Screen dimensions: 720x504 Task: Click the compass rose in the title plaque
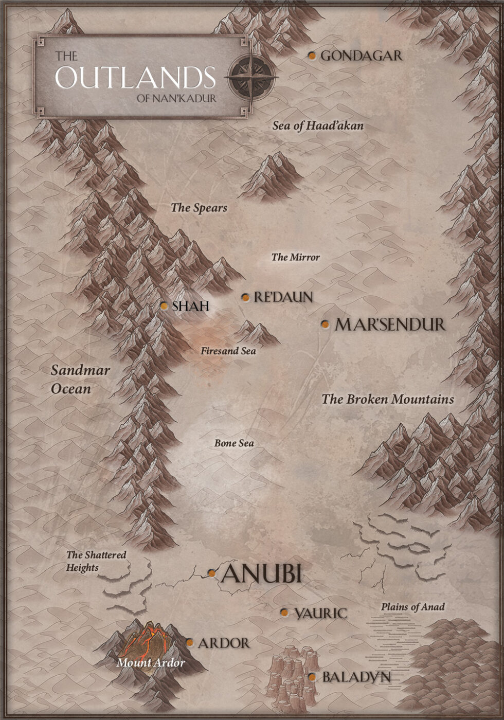(x=251, y=78)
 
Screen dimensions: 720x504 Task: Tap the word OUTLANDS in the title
(x=135, y=78)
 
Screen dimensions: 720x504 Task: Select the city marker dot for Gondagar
(x=312, y=56)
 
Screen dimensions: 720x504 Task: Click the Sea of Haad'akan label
(x=318, y=125)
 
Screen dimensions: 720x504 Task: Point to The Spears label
(x=199, y=208)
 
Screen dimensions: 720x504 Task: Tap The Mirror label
(x=296, y=257)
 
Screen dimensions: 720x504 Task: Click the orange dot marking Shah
(x=164, y=306)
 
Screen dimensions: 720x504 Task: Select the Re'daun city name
(x=283, y=297)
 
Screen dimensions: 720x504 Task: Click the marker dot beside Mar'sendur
(x=325, y=324)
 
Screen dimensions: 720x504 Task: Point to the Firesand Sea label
(x=228, y=351)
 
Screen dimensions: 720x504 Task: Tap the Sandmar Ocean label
(x=80, y=380)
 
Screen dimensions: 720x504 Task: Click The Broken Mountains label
(x=388, y=399)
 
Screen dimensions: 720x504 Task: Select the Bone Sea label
(x=234, y=443)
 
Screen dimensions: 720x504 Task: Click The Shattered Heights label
(x=96, y=561)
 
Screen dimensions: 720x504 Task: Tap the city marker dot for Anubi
(x=212, y=573)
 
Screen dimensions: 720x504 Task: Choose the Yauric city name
(x=320, y=613)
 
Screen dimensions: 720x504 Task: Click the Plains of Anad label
(x=413, y=607)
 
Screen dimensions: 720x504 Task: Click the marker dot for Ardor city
(x=190, y=642)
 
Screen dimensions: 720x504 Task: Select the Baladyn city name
(x=356, y=677)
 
